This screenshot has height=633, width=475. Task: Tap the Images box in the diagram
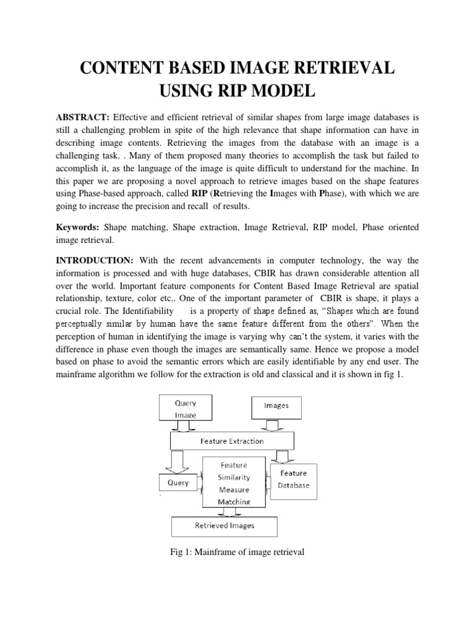tap(276, 406)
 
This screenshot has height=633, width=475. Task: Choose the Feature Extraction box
tap(232, 441)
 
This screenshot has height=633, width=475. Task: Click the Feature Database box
tap(293, 479)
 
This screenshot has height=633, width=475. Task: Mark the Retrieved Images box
tap(225, 526)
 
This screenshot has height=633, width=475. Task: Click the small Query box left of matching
tap(178, 483)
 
